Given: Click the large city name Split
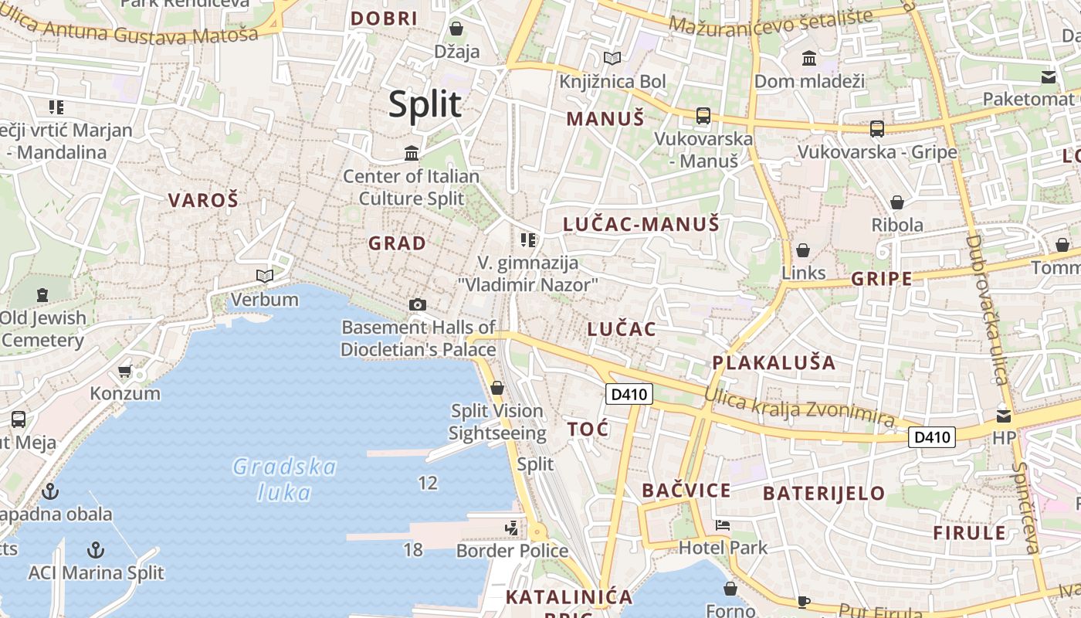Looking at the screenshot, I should click(x=425, y=104).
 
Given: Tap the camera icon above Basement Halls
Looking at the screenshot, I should click(x=418, y=304).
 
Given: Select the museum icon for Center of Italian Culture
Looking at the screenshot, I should click(x=412, y=153).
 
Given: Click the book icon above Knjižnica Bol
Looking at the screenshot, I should click(x=612, y=58).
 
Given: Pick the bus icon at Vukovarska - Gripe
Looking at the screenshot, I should click(x=876, y=129).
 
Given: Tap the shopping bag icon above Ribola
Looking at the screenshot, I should click(x=897, y=202).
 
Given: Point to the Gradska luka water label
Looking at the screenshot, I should click(x=285, y=480).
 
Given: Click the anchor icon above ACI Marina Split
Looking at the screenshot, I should click(x=96, y=550).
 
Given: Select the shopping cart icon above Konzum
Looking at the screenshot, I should click(x=125, y=372).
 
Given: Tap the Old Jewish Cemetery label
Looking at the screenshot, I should click(x=43, y=329).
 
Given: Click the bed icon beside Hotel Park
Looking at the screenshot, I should click(x=723, y=525).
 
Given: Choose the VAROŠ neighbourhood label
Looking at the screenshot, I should click(x=204, y=201).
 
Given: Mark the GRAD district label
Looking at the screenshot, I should click(x=397, y=243).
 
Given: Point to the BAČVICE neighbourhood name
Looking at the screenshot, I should click(x=686, y=491).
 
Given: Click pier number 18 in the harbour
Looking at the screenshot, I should click(x=413, y=550).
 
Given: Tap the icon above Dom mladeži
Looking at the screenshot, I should click(x=809, y=58).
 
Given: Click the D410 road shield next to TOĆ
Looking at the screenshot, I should click(x=629, y=395).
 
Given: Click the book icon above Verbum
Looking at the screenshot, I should click(x=265, y=276).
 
